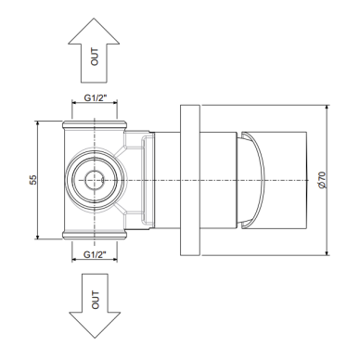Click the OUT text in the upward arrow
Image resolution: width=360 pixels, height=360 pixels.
(95, 57)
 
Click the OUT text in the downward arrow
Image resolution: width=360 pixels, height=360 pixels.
(96, 300)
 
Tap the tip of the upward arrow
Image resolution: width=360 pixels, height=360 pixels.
(94, 19)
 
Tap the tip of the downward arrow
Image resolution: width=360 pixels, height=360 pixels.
(95, 338)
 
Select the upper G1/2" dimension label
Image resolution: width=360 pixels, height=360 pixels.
(96, 98)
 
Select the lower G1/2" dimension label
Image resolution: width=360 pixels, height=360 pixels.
(95, 255)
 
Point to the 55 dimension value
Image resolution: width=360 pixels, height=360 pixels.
(33, 180)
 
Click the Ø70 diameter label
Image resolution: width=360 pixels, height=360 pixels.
(322, 180)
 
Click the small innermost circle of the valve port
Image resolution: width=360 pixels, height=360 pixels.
(95, 180)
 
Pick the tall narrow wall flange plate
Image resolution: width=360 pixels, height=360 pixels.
(190, 180)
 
